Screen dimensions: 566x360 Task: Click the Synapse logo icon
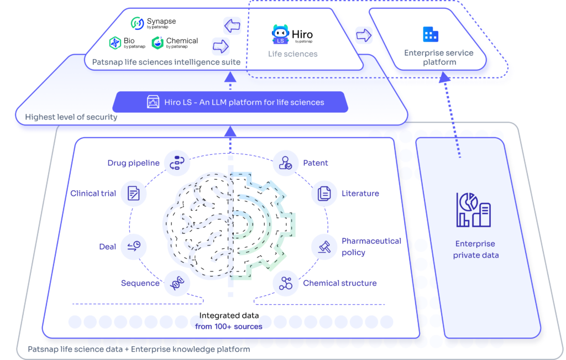click(x=137, y=23)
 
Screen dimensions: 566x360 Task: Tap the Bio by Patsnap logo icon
click(x=115, y=43)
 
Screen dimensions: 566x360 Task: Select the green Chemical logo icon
click(x=158, y=43)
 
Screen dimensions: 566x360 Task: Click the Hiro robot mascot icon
click(x=280, y=34)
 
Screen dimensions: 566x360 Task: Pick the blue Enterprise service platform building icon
click(x=430, y=34)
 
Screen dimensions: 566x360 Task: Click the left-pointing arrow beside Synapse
click(x=232, y=25)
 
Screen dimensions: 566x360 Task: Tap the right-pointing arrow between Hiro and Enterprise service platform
click(x=364, y=35)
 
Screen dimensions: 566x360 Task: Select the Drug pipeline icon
click(x=177, y=163)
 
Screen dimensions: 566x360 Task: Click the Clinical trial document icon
click(x=133, y=194)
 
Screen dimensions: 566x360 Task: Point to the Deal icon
click(x=134, y=247)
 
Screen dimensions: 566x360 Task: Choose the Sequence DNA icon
click(x=177, y=283)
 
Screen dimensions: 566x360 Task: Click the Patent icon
click(x=286, y=163)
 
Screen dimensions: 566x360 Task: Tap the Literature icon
click(x=324, y=194)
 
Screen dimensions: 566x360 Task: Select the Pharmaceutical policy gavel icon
click(x=324, y=247)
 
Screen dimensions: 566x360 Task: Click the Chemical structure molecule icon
click(x=286, y=283)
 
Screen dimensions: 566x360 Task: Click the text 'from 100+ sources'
click(x=228, y=326)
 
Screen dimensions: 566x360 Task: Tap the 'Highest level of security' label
click(x=71, y=117)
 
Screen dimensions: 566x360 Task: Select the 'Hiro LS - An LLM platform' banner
click(x=230, y=102)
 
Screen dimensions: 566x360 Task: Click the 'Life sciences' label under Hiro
click(x=293, y=54)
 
